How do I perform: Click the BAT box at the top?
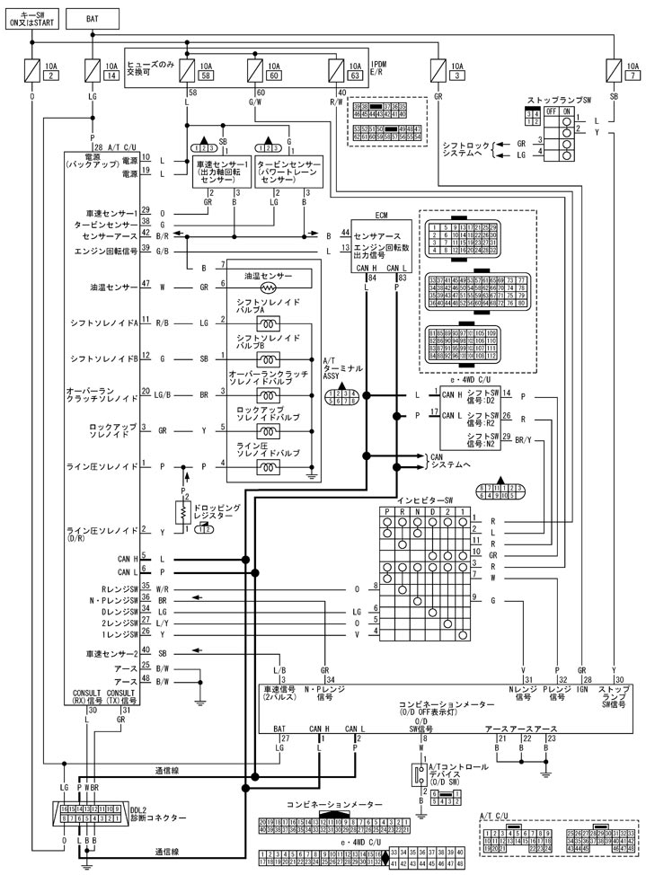[93, 17]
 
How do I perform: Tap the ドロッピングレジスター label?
[217, 511]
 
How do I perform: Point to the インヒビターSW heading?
[424, 499]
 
